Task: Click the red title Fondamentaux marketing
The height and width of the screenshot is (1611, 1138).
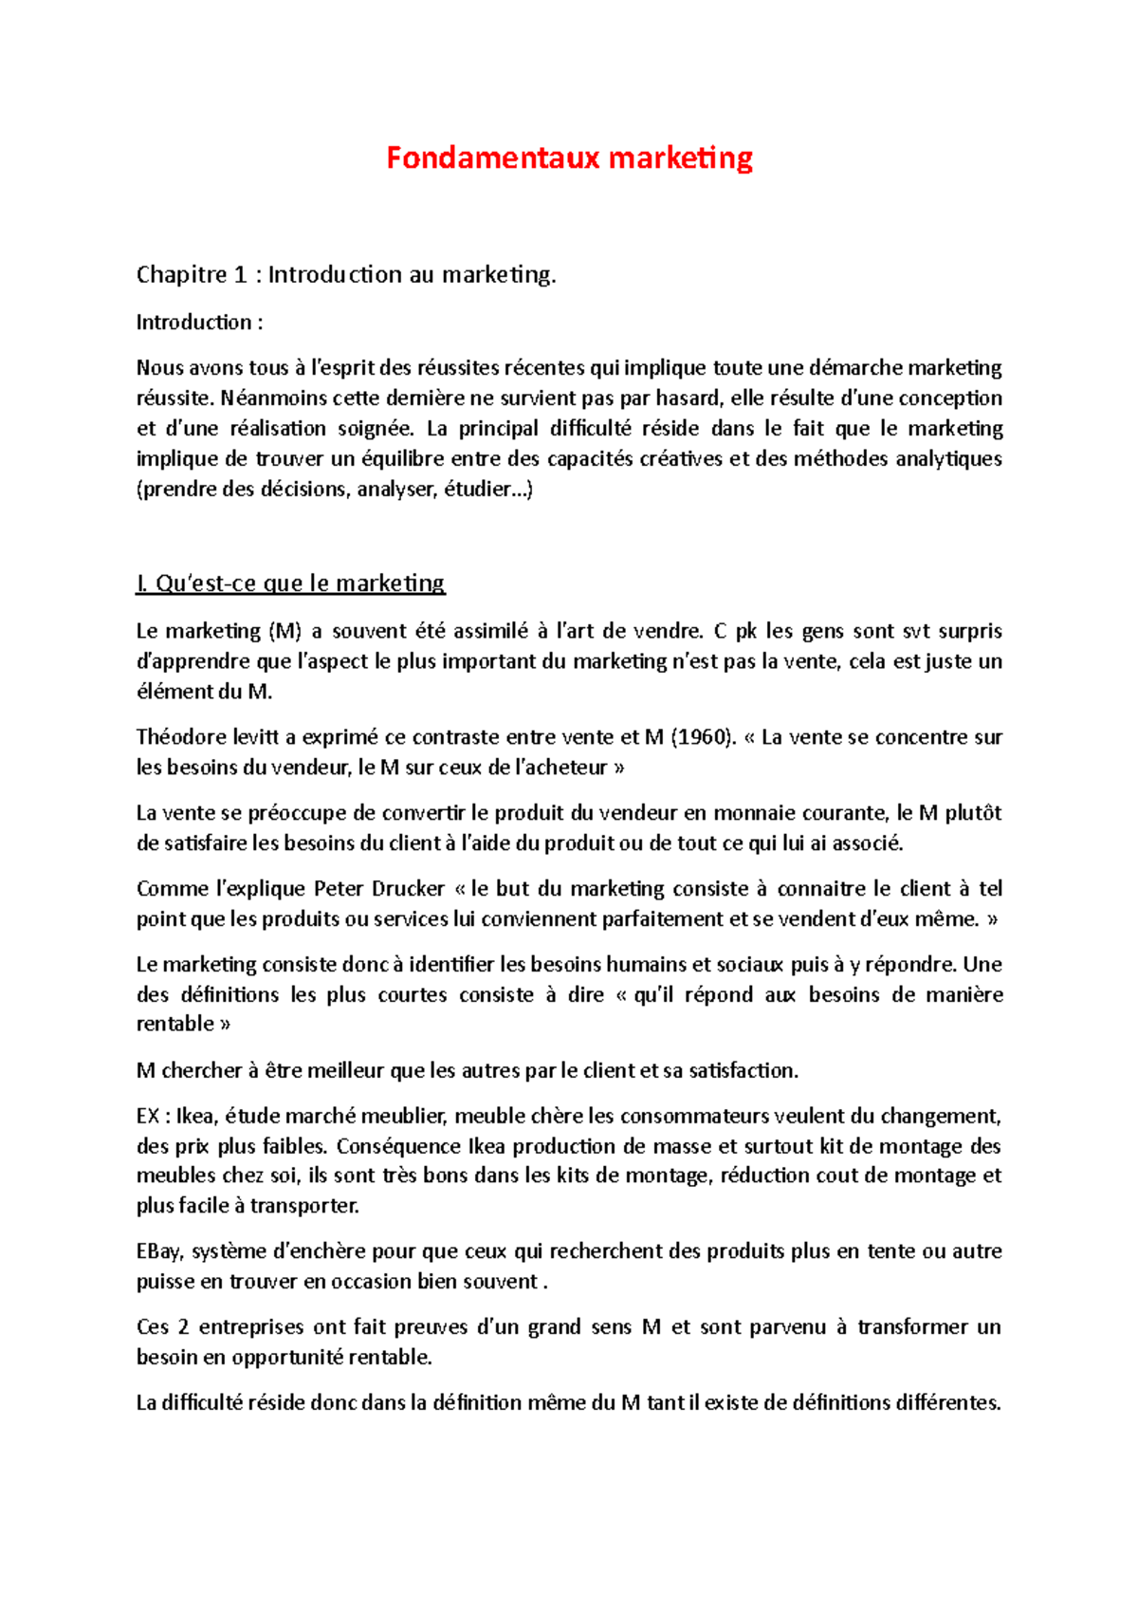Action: (x=569, y=157)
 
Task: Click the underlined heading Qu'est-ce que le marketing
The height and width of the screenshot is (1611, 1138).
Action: (x=290, y=583)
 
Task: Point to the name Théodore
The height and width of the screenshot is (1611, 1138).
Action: (x=180, y=737)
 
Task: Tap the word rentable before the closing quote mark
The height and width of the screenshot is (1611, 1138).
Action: (x=175, y=1025)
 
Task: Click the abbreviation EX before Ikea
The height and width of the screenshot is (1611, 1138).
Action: (x=148, y=1117)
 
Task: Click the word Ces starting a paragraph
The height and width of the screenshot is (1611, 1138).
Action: (x=153, y=1327)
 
